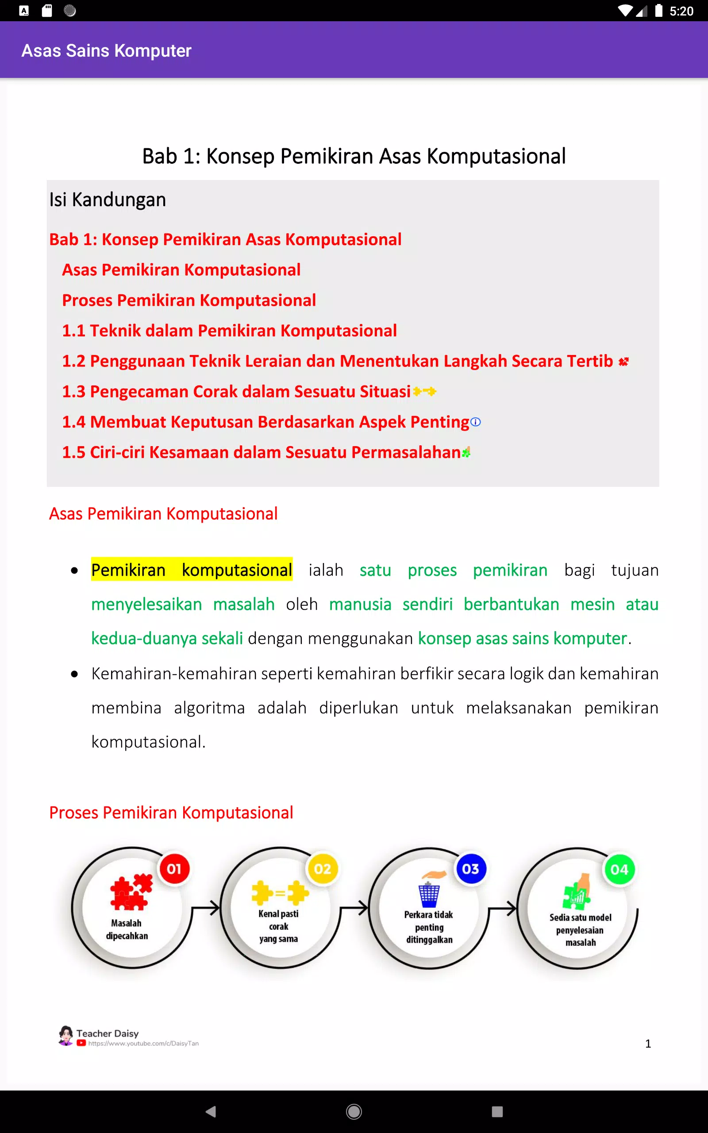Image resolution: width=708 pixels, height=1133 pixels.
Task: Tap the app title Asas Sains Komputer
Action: (106, 50)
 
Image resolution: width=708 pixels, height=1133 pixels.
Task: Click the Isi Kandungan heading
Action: (107, 200)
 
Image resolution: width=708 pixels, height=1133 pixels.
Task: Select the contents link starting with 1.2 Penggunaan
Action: (337, 361)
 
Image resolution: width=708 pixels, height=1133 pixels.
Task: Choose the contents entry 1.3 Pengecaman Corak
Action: (236, 391)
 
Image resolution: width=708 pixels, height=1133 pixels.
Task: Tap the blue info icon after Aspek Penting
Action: (475, 422)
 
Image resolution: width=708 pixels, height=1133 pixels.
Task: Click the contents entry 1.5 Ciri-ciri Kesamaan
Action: (261, 452)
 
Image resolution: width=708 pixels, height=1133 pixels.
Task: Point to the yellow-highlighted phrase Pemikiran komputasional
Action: (192, 570)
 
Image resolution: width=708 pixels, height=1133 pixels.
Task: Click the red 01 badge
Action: (174, 869)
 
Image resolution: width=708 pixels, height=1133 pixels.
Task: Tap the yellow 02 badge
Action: (323, 869)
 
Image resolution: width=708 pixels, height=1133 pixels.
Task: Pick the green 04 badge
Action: (619, 869)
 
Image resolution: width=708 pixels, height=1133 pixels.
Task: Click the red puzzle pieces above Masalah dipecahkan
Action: (131, 892)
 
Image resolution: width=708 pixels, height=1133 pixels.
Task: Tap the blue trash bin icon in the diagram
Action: (429, 895)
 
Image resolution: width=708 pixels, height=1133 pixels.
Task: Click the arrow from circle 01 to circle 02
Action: (206, 909)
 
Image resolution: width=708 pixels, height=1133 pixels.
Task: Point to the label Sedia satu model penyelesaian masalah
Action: (580, 930)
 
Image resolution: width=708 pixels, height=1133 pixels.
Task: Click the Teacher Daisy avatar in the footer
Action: (66, 1035)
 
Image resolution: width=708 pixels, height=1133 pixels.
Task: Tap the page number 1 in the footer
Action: (648, 1043)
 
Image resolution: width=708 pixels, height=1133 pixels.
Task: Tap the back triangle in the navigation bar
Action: (211, 1111)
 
